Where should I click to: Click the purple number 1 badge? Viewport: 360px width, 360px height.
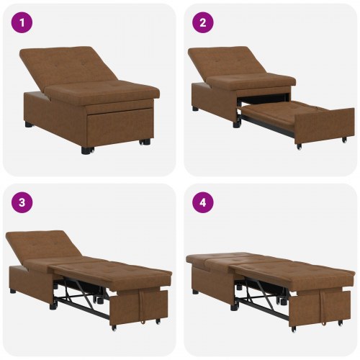(22, 23)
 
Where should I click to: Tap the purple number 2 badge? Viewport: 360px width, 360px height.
(203, 23)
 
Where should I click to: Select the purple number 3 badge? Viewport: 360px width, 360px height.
(22, 202)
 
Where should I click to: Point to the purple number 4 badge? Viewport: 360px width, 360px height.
(203, 202)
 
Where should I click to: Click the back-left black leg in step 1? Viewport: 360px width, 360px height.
(29, 124)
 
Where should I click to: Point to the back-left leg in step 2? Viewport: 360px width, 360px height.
(195, 109)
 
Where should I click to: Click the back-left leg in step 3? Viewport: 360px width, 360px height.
(14, 291)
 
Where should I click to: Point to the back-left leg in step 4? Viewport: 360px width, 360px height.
(195, 291)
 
